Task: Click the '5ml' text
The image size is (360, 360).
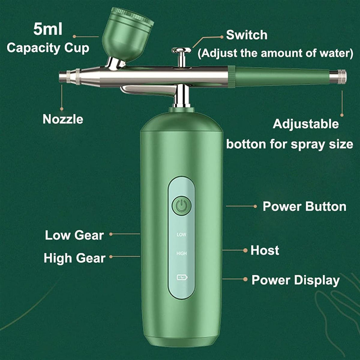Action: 48,29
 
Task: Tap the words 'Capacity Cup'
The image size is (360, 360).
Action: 48,48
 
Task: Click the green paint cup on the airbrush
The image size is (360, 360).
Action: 127,35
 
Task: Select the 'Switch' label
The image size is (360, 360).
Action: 247,35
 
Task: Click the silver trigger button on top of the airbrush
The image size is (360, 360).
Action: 181,50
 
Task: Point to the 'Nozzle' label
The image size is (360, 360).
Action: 63,120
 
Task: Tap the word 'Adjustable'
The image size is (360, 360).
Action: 306,124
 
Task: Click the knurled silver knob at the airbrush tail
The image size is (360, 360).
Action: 338,76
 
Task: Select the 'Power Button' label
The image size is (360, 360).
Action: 305,206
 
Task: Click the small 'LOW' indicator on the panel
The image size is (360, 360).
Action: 181,235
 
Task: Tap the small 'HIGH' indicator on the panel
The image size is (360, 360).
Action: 181,253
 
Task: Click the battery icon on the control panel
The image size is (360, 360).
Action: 182,278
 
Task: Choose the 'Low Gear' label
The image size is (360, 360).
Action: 75,235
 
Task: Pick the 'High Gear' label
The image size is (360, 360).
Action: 75,258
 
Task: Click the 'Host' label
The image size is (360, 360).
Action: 265,250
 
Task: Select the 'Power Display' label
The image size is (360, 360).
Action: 296,280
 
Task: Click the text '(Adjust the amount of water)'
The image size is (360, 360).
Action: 275,53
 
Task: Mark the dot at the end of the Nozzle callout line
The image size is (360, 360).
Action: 62,109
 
